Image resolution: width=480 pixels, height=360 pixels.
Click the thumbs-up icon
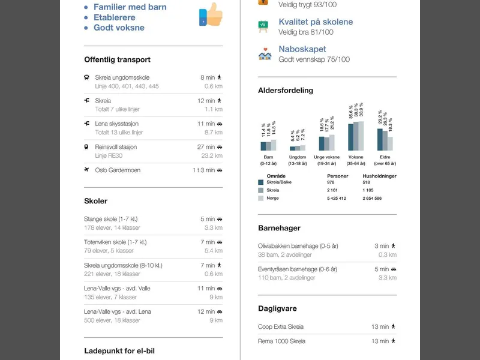(x=211, y=14)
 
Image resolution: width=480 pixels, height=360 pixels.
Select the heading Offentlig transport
(x=117, y=59)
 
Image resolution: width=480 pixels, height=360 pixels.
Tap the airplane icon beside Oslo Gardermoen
(x=86, y=170)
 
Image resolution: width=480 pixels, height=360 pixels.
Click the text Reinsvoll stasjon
(x=116, y=147)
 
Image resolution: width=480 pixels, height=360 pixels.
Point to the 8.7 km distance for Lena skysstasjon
(x=214, y=133)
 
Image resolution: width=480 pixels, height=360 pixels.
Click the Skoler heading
(x=96, y=201)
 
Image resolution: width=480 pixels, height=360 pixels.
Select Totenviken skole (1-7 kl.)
(x=115, y=242)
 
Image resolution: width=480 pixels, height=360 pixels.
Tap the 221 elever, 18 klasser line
(x=112, y=274)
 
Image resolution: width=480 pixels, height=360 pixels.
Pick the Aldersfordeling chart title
(x=286, y=91)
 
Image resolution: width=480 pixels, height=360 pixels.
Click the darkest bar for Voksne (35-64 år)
(x=351, y=137)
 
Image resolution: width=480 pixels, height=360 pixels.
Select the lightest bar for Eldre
(x=391, y=143)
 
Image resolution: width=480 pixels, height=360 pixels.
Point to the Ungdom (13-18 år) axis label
(x=298, y=160)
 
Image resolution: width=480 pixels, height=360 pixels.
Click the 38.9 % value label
(x=361, y=110)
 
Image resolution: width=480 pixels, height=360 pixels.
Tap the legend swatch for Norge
(x=261, y=199)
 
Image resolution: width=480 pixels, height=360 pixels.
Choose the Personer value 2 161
(x=332, y=190)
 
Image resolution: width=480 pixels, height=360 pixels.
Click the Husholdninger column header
(x=380, y=176)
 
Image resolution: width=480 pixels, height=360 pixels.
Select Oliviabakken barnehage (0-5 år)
(x=298, y=246)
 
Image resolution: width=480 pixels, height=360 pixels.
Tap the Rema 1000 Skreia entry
(x=281, y=341)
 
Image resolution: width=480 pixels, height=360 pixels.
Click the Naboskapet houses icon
(x=265, y=54)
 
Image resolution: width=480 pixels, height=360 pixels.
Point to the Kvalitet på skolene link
(x=316, y=22)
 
